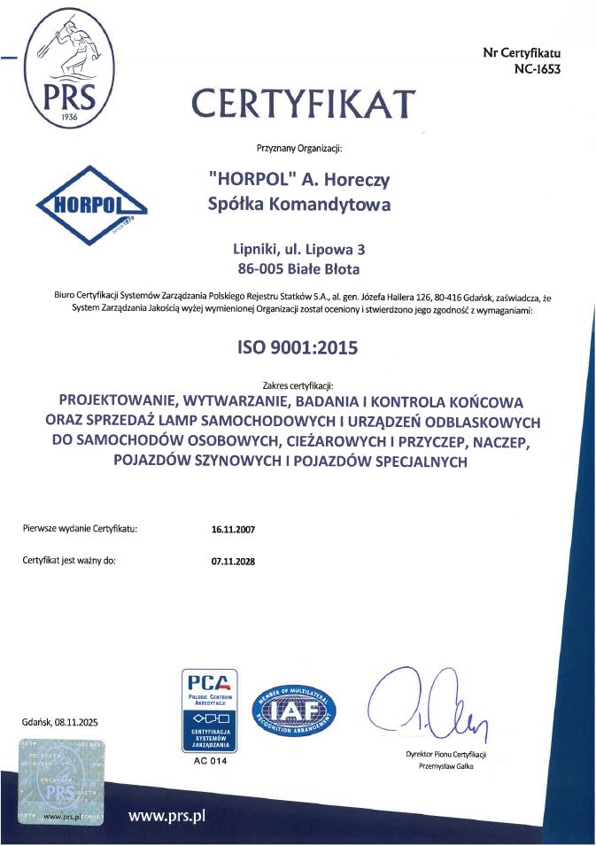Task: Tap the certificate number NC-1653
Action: point(536,69)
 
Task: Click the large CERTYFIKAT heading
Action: point(305,103)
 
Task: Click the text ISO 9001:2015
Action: point(298,348)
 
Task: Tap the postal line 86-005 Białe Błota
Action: point(298,268)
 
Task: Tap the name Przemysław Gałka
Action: point(446,766)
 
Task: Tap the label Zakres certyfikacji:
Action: point(298,385)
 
